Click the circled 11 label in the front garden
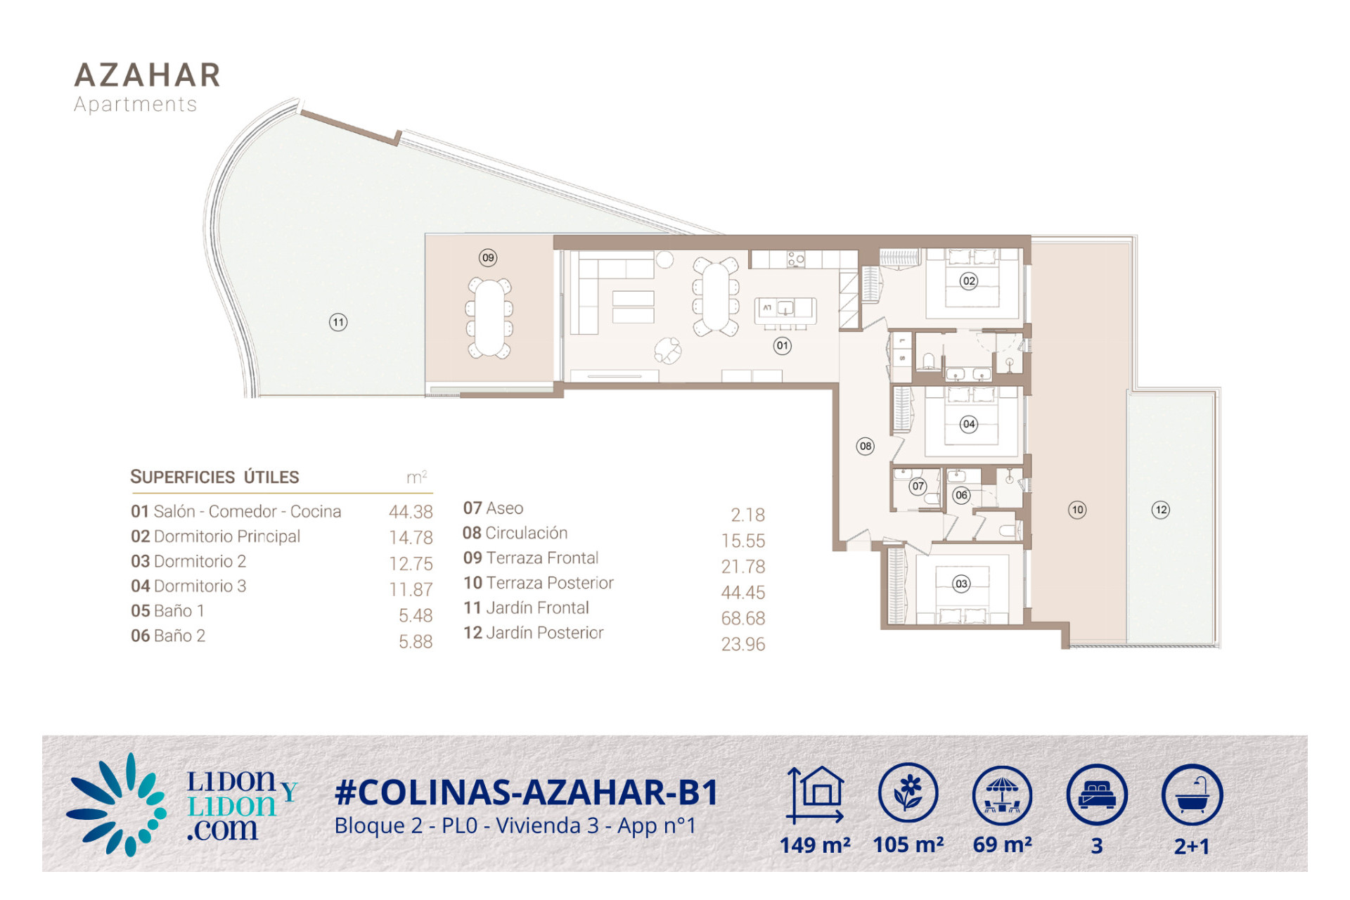click(x=338, y=323)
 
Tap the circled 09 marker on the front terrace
click(x=488, y=257)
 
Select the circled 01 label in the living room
click(x=782, y=345)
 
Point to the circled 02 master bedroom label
click(x=969, y=281)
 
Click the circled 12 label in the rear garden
click(x=1161, y=510)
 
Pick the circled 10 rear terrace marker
click(x=1077, y=510)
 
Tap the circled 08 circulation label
click(x=866, y=446)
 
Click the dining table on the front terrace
click(x=489, y=318)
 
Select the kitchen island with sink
click(x=785, y=310)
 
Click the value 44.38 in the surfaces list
click(x=411, y=512)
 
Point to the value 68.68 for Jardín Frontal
click(x=743, y=618)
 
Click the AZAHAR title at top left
click(x=148, y=75)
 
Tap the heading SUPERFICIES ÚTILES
click(x=214, y=477)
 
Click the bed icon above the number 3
click(x=1097, y=794)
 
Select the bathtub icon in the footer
click(x=1192, y=794)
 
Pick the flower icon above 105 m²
click(x=908, y=792)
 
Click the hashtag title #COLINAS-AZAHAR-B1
click(x=527, y=792)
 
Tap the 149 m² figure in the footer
click(x=815, y=844)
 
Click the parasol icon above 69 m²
click(x=1003, y=795)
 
